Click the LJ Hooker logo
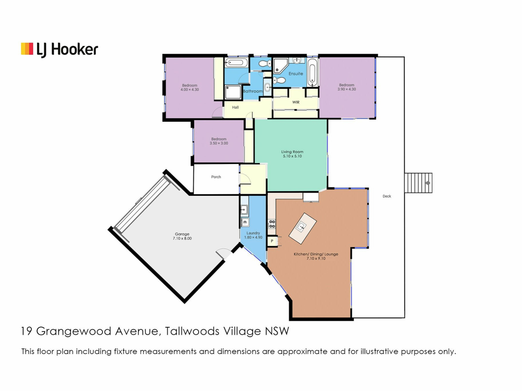coord(60,50)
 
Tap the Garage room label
coord(182,234)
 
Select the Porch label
coord(216,177)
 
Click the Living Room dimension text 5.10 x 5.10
coord(292,156)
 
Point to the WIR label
coord(296,102)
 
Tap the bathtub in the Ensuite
coord(312,72)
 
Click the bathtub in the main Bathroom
coord(236,63)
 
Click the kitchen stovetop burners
coord(272,224)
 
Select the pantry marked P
coord(272,241)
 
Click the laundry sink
coord(244,210)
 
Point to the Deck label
coord(387,196)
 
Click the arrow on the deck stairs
coord(427,183)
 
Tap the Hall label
coord(235,108)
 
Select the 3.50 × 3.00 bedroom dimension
coord(219,143)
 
